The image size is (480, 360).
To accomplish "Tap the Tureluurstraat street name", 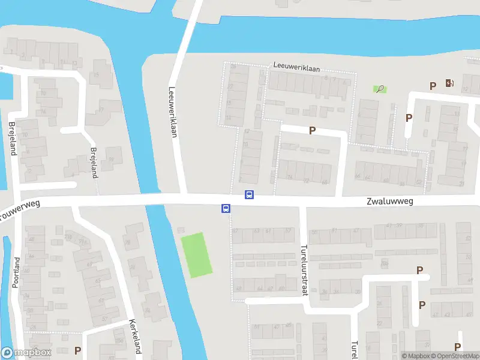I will (304, 271).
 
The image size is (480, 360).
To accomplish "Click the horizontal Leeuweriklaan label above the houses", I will (293, 65).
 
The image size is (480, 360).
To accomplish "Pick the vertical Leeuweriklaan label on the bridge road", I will (173, 113).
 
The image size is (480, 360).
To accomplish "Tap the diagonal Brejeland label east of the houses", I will (93, 163).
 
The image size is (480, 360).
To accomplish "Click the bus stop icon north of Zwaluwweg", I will (249, 194).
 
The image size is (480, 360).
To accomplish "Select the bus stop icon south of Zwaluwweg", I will (226, 209).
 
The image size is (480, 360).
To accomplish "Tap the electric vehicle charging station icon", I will (449, 83).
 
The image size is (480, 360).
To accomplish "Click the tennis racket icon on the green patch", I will (379, 89).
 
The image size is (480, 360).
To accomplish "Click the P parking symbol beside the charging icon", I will (433, 86).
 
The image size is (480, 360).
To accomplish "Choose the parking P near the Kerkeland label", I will (77, 350).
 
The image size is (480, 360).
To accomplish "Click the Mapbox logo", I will (26, 353).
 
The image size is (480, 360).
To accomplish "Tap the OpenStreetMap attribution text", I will (457, 356).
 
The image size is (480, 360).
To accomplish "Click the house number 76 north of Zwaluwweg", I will (290, 176).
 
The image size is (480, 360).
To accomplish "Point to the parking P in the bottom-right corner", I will (458, 347).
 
